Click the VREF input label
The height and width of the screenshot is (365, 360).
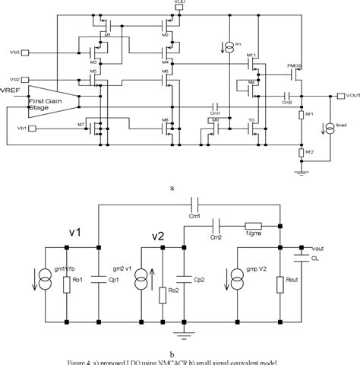tap(11, 92)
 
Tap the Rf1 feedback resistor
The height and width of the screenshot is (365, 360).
tap(301, 115)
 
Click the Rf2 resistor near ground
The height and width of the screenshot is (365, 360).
tap(301, 153)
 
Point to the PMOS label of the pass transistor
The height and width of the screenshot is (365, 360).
tap(295, 67)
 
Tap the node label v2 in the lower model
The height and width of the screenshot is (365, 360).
tap(156, 236)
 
